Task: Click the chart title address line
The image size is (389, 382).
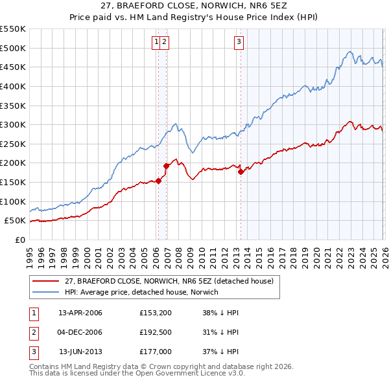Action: coord(194,6)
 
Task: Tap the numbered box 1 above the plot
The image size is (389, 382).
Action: coord(157,43)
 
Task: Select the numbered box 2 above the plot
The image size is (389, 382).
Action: coord(165,43)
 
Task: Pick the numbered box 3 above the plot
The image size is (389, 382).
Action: coord(239,43)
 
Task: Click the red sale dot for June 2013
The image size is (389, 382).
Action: coord(241,172)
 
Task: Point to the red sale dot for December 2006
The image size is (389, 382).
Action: coord(166,166)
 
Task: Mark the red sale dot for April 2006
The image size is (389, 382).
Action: coord(158,181)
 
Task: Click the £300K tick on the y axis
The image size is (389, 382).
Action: coord(13,124)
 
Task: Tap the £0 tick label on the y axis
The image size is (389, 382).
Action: coord(19,240)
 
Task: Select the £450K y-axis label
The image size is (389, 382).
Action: coord(13,67)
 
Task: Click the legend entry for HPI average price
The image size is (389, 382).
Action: coord(141,292)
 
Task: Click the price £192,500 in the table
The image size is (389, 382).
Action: coord(156,332)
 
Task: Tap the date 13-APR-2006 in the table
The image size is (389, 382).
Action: coord(80,313)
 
